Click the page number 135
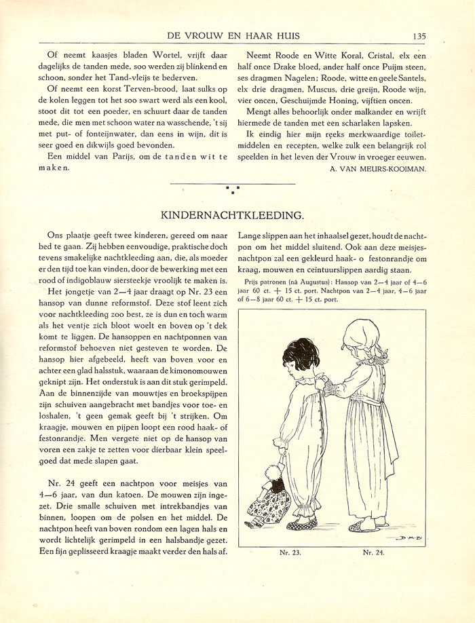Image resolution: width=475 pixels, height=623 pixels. coord(418,36)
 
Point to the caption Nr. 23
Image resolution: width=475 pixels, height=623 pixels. coord(290,552)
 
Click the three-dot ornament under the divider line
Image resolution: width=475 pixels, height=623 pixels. coord(232,189)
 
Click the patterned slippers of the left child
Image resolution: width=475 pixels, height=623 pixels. coord(301,523)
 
